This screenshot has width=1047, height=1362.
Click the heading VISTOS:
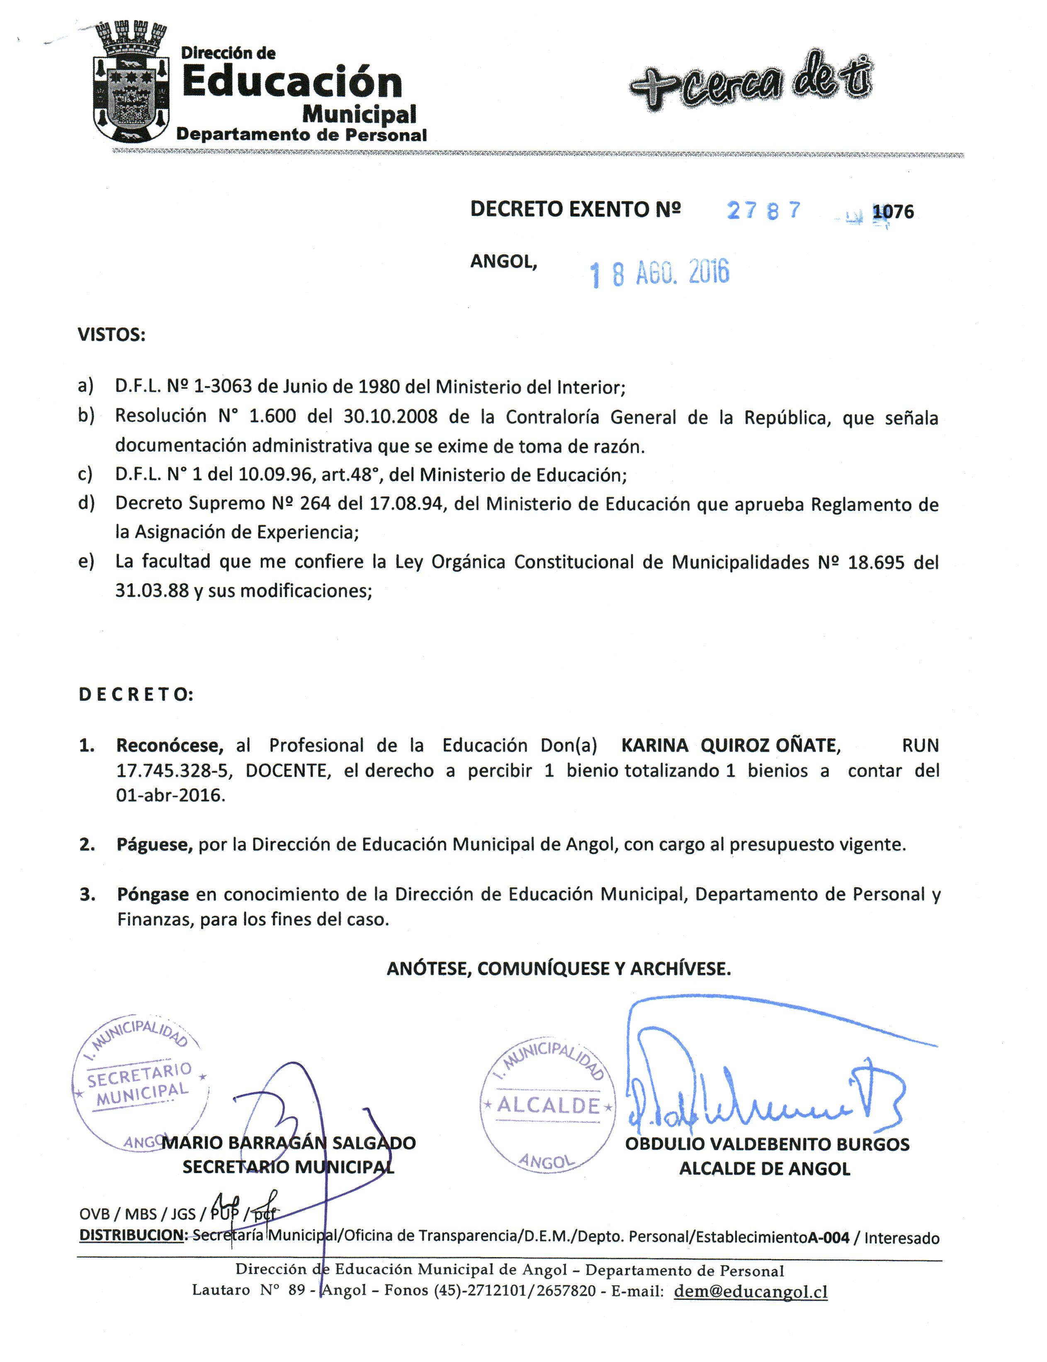coord(111,335)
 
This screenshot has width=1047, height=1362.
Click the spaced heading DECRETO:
coord(136,694)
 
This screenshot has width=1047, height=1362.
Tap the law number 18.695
coord(876,562)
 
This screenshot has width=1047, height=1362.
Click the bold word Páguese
coord(154,845)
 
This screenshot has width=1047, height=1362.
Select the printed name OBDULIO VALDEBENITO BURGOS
coord(767,1144)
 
